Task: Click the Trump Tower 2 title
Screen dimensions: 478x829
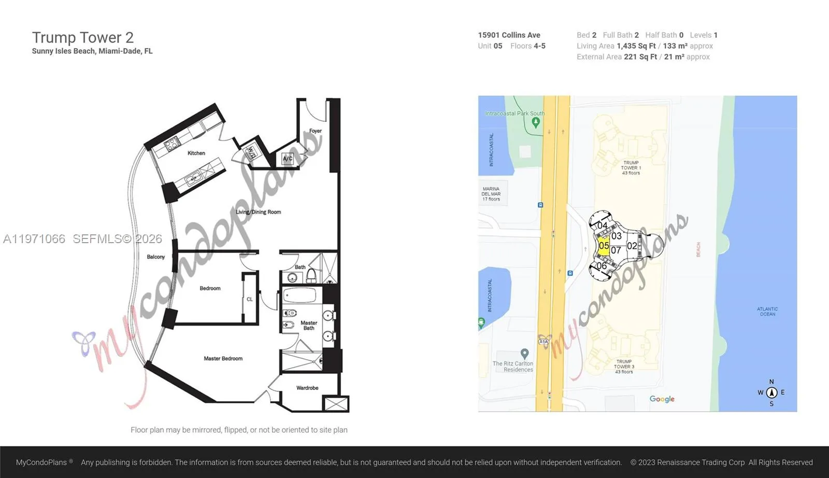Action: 83,37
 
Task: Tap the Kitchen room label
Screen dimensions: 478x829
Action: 196,153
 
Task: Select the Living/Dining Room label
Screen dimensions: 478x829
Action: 259,212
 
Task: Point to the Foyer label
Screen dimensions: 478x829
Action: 316,131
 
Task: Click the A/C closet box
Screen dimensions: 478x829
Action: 288,159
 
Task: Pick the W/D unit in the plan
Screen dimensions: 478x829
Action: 251,152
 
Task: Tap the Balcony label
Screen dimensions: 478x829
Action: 155,257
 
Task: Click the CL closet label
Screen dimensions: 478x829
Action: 250,299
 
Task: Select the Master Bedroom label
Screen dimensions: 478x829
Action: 223,358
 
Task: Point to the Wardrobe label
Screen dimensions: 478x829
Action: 307,388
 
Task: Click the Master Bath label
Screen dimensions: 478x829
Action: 309,325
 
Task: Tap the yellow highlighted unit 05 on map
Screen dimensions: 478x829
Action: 604,246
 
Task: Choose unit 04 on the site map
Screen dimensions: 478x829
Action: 602,226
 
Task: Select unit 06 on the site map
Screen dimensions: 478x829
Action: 602,266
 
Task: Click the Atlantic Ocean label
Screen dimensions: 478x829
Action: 767,312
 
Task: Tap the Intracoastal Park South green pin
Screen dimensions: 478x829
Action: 536,122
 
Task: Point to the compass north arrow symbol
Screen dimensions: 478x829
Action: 771,392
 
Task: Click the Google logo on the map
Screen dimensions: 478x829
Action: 662,399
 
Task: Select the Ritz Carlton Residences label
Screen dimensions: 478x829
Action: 513,367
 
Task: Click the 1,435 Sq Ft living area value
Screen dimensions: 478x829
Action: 636,46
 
